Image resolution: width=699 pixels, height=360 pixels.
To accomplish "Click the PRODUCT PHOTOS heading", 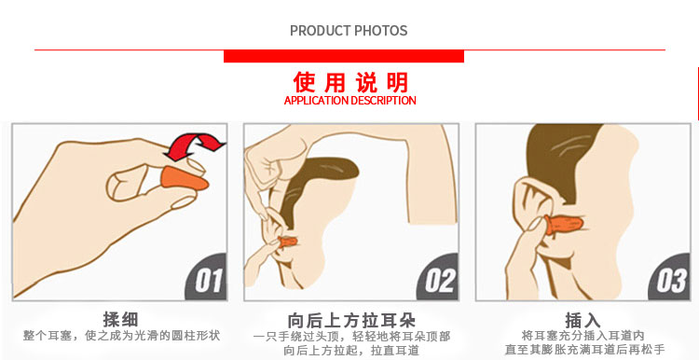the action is pyautogui.click(x=349, y=31).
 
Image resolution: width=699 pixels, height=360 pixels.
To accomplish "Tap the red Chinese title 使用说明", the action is pyautogui.click(x=350, y=82).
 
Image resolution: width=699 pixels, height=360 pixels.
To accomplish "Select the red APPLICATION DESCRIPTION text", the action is pyautogui.click(x=349, y=101).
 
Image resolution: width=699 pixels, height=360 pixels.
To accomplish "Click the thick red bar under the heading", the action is pyautogui.click(x=344, y=56).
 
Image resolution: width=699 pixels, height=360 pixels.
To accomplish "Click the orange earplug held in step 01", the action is pyautogui.click(x=185, y=177).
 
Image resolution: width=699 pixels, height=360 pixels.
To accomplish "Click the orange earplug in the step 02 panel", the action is pyautogui.click(x=288, y=242).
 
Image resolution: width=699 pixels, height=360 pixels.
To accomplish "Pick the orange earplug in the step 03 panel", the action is pyautogui.click(x=563, y=225).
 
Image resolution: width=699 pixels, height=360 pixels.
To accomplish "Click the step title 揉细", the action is pyautogui.click(x=120, y=319).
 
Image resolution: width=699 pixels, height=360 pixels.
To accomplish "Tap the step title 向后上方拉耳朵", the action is pyautogui.click(x=351, y=320).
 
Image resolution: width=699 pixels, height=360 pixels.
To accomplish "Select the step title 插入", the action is pyautogui.click(x=583, y=320).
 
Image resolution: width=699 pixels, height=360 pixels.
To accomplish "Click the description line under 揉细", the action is pyautogui.click(x=122, y=336).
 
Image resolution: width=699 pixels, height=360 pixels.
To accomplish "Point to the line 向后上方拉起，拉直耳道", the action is pyautogui.click(x=351, y=350).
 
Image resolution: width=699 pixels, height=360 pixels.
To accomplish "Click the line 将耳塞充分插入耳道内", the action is pyautogui.click(x=583, y=336).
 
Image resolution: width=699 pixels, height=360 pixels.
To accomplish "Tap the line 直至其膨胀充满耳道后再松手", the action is pyautogui.click(x=584, y=350).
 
